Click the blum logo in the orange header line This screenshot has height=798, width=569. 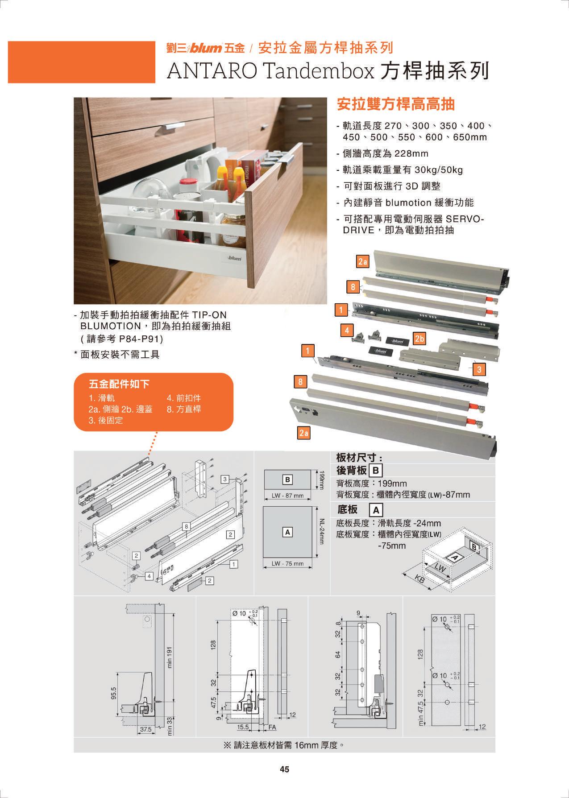[206, 48]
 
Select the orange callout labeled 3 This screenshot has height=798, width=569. [479, 369]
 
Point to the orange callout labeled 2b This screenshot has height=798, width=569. [419, 339]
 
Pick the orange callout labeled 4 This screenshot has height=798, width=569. [347, 330]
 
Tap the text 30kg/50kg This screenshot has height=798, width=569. [439, 170]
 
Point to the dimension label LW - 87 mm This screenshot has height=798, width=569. [287, 496]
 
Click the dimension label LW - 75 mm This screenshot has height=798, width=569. [287, 563]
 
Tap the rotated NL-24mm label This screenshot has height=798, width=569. [321, 531]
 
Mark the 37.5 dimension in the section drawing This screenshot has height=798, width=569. [145, 729]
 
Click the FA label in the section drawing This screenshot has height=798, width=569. [271, 727]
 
